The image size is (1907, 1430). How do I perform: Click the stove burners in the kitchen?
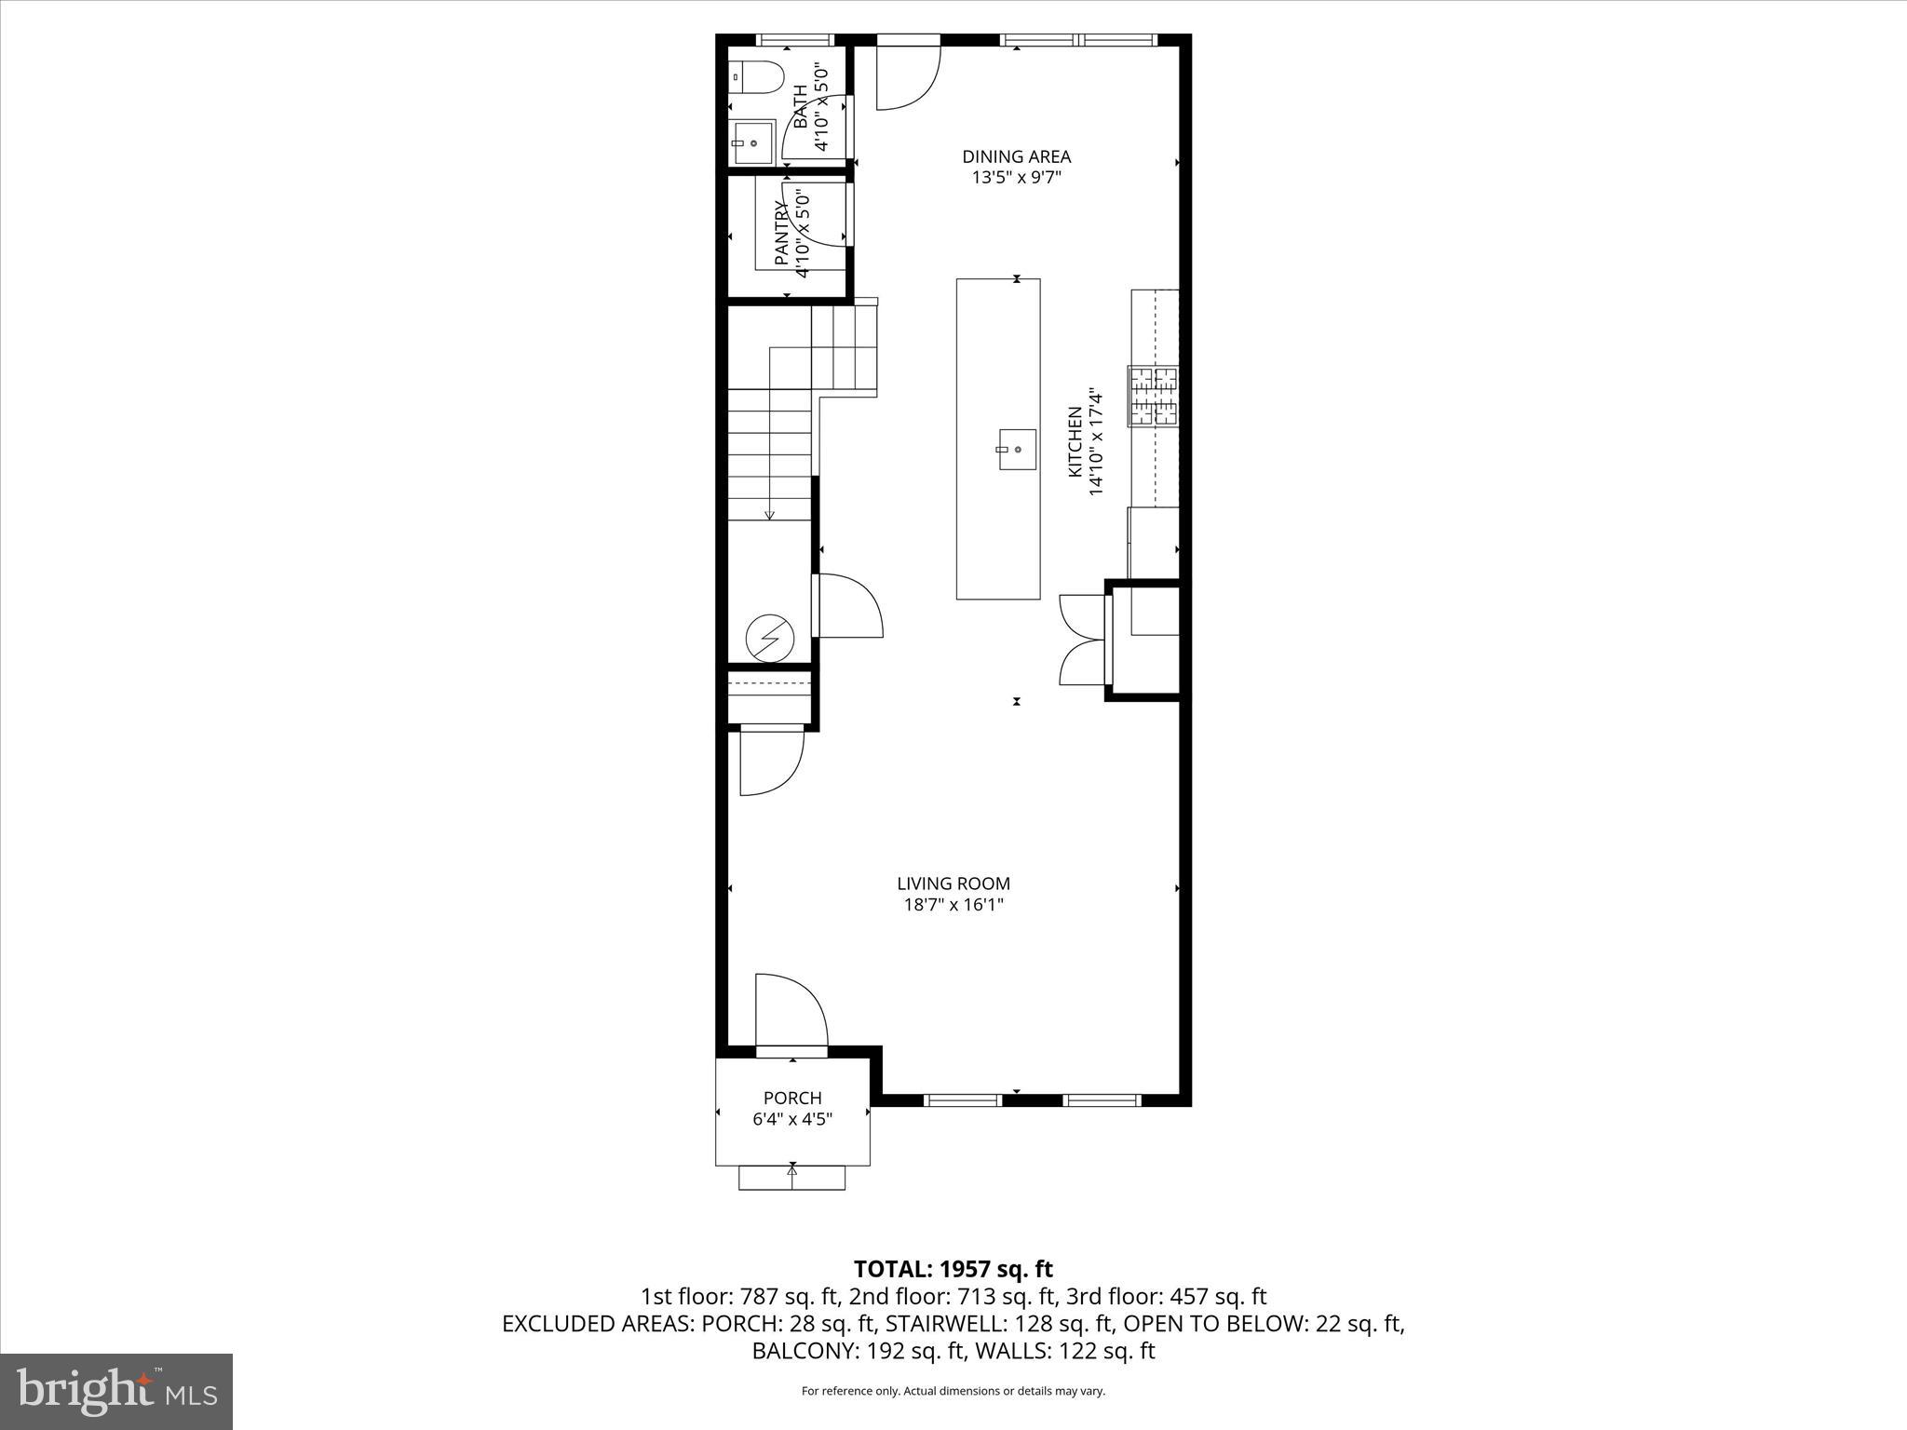point(1153,397)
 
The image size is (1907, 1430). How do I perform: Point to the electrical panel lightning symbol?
point(770,639)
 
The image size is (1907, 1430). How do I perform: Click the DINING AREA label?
point(1016,156)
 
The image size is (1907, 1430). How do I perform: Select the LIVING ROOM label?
point(953,884)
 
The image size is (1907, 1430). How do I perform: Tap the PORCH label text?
point(792,1099)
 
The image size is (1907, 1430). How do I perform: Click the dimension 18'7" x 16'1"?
point(953,904)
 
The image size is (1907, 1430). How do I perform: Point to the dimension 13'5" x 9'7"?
point(1016,177)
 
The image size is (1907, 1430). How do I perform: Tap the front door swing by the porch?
point(791,1010)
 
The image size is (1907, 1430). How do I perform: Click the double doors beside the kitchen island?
point(1080,641)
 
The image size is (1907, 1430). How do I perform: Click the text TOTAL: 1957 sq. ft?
point(953,1269)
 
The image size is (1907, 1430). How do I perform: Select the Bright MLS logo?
point(116,1391)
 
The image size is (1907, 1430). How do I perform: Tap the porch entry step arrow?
point(792,1171)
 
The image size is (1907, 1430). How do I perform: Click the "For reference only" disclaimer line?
point(953,1391)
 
